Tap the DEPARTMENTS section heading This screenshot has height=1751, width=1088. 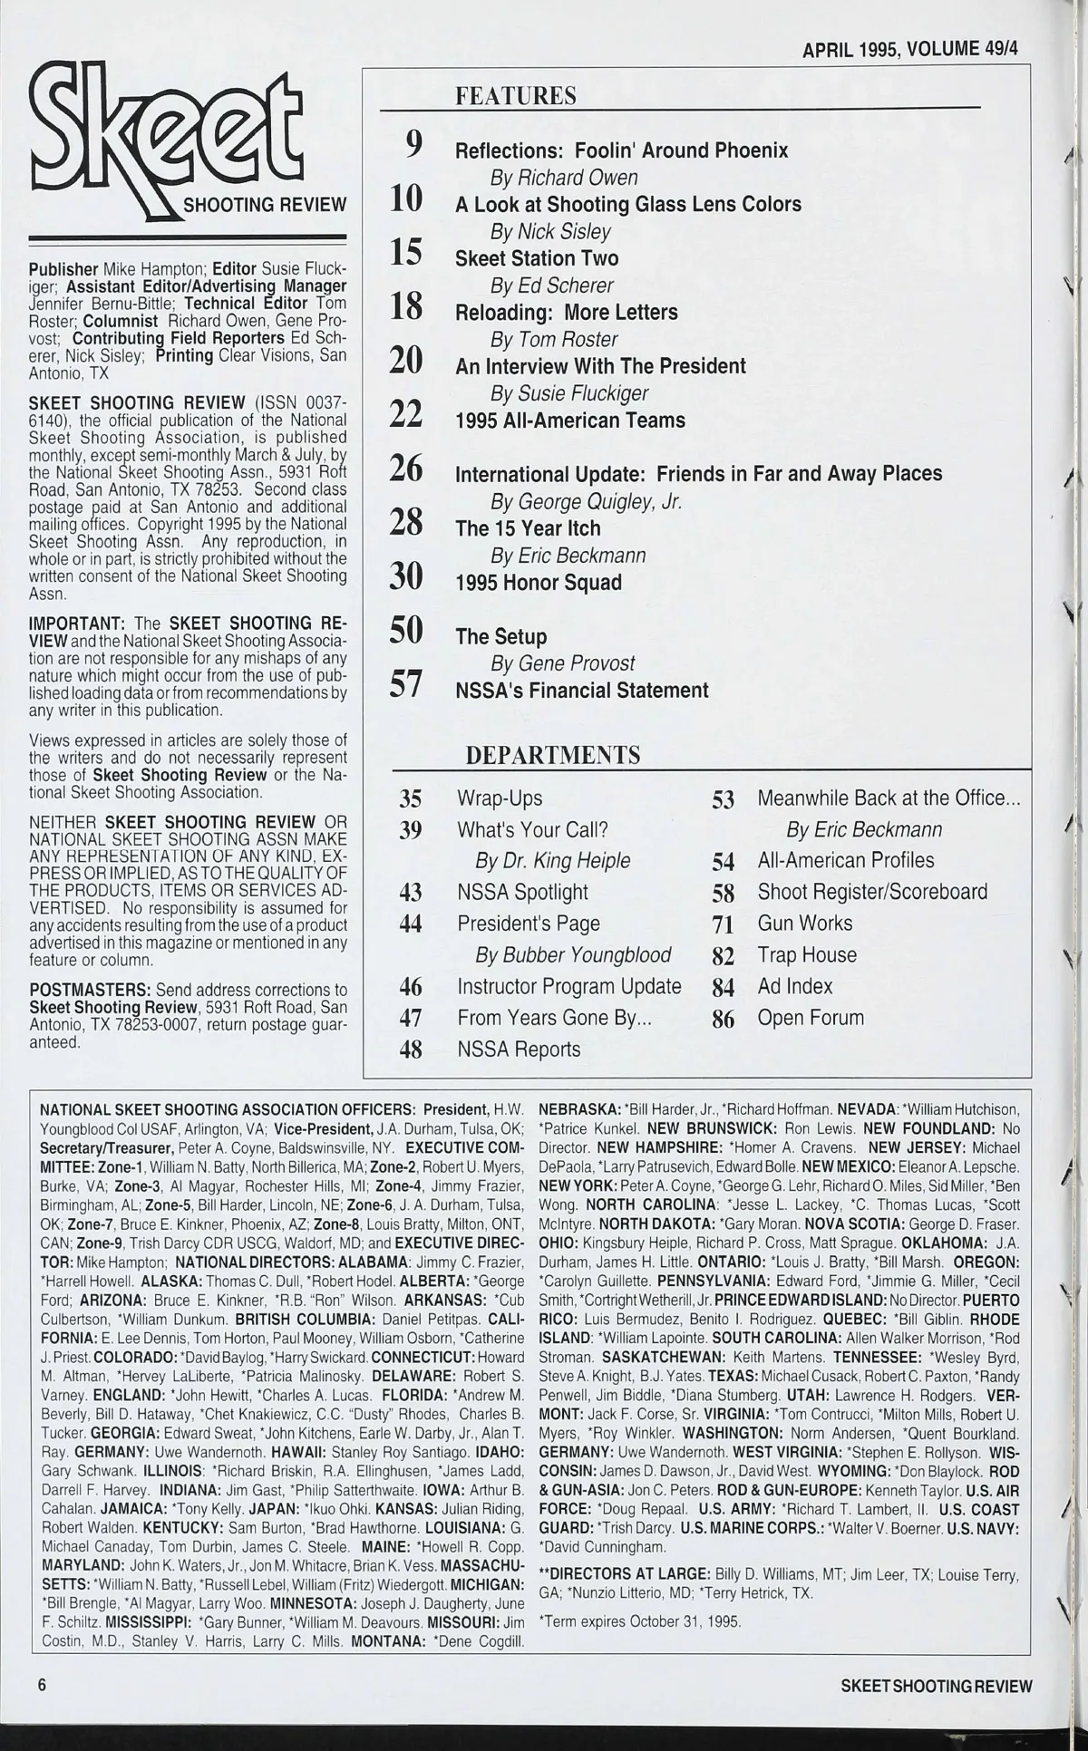552,755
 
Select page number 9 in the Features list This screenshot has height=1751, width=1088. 413,144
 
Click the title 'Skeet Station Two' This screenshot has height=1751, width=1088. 536,258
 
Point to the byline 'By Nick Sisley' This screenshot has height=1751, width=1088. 550,231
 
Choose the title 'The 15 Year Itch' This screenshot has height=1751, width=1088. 528,528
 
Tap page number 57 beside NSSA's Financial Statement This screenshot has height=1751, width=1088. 406,686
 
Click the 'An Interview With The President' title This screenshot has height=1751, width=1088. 600,366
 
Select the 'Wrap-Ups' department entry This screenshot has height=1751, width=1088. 500,798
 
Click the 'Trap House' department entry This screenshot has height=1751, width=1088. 807,954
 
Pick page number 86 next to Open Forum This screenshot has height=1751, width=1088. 723,1019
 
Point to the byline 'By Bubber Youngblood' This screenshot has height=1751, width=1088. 573,955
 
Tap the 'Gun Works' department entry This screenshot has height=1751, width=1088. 805,924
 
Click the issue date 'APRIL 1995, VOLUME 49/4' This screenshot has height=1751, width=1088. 910,49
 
